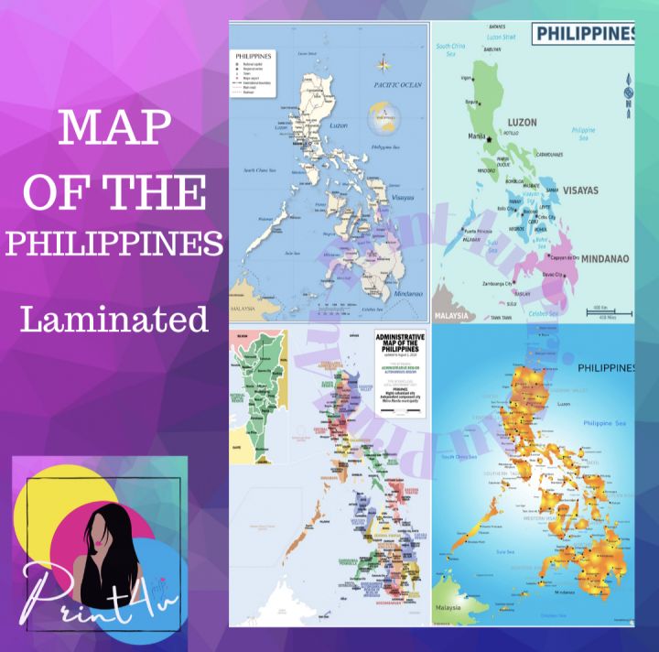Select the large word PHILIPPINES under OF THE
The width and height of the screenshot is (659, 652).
114,244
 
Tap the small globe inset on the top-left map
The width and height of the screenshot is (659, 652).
385,119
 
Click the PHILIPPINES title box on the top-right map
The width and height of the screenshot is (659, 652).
584,34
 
